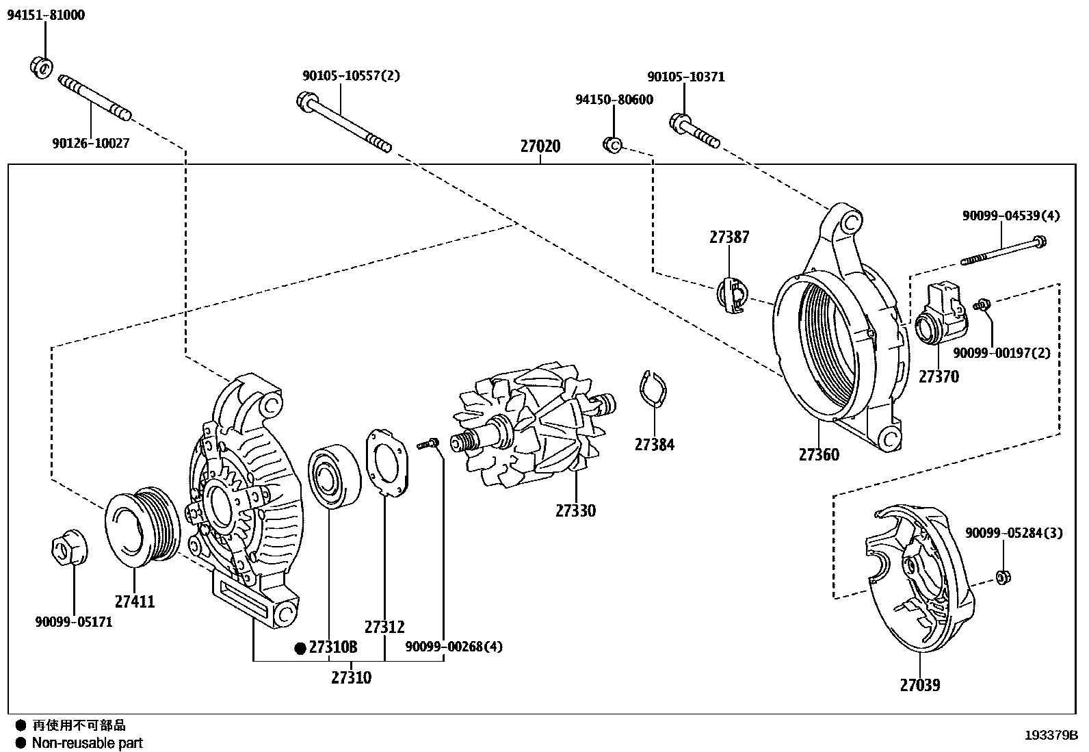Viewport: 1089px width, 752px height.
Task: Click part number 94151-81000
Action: pyautogui.click(x=46, y=15)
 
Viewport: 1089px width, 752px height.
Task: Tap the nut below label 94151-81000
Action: pyautogui.click(x=42, y=66)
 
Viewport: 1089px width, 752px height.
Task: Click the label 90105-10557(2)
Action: pyautogui.click(x=351, y=76)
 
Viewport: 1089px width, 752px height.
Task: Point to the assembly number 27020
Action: pyautogui.click(x=540, y=146)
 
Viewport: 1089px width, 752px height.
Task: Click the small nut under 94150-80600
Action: pyautogui.click(x=612, y=144)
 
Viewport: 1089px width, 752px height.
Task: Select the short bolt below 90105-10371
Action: pyautogui.click(x=694, y=132)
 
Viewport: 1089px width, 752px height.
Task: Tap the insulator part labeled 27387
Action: pyautogui.click(x=731, y=295)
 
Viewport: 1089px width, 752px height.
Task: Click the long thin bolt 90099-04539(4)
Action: pyautogui.click(x=1003, y=250)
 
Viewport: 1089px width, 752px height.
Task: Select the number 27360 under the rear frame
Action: pyautogui.click(x=818, y=454)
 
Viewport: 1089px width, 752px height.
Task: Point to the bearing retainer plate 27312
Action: pyautogui.click(x=387, y=462)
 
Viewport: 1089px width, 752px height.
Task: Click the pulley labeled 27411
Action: pyautogui.click(x=142, y=527)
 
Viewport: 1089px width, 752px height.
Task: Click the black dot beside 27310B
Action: pyautogui.click(x=299, y=648)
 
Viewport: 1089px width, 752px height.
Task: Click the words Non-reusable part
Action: pyautogui.click(x=87, y=742)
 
